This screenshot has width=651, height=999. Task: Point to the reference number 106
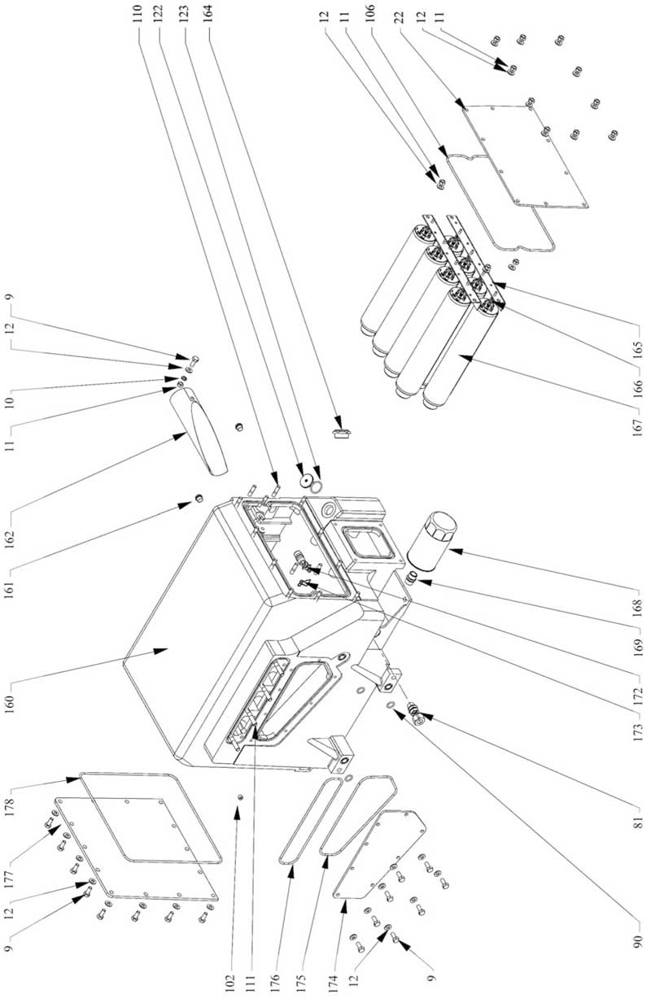point(371,16)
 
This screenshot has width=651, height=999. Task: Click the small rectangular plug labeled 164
point(341,428)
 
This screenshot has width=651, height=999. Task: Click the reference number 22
point(399,16)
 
